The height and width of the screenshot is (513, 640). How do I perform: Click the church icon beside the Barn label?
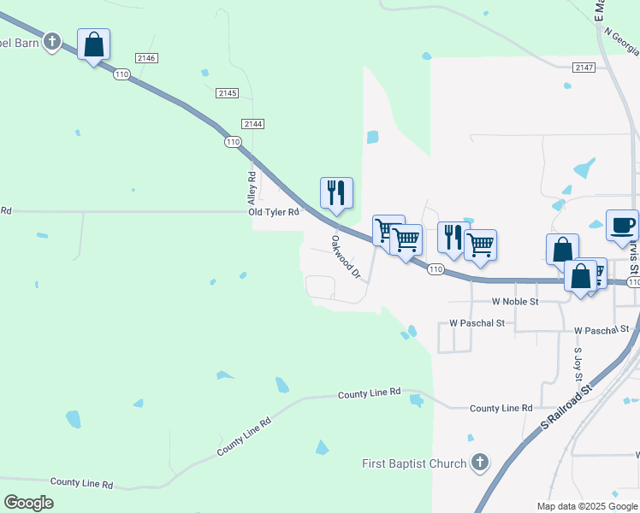click(x=52, y=41)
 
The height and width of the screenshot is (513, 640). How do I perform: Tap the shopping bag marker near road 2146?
click(x=93, y=44)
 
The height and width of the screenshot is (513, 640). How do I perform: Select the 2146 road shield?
click(x=145, y=57)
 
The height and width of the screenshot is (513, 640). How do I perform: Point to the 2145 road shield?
click(x=228, y=92)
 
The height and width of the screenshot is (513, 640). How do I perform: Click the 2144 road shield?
click(x=252, y=124)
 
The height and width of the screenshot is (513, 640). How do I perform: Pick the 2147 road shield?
click(x=584, y=67)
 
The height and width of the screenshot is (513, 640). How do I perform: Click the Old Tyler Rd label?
click(x=274, y=212)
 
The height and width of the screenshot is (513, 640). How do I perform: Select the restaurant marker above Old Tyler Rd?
click(x=336, y=193)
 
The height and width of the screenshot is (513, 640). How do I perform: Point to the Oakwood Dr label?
click(x=347, y=257)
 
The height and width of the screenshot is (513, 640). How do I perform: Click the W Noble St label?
click(x=515, y=302)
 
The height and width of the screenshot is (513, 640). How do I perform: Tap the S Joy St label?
click(x=578, y=364)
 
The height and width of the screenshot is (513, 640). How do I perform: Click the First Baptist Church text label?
click(x=413, y=464)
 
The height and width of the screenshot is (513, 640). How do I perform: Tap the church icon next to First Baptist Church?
click(x=480, y=463)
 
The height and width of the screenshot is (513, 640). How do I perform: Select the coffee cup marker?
click(x=622, y=226)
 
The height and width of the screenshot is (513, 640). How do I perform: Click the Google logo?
click(x=28, y=503)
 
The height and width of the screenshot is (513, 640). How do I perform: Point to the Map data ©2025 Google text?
click(x=586, y=506)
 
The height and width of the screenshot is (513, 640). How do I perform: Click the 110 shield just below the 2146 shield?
click(x=121, y=75)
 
